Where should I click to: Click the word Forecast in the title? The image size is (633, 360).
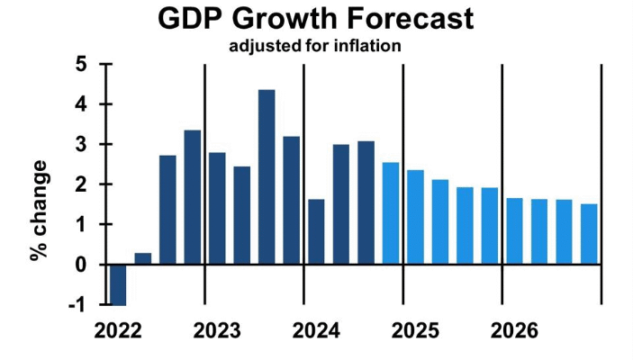(x=411, y=18)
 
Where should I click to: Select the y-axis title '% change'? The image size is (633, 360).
(x=39, y=211)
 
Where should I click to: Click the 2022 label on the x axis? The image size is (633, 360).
(x=117, y=332)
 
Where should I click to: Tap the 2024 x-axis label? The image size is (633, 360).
(x=316, y=332)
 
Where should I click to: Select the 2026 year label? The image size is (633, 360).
(x=513, y=332)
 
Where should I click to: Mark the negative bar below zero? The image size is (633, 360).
(x=118, y=284)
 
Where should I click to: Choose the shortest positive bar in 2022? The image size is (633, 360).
(x=143, y=258)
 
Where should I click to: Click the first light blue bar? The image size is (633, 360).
(x=390, y=213)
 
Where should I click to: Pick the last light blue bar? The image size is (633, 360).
(x=589, y=234)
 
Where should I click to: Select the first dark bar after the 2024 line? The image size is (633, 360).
(x=316, y=231)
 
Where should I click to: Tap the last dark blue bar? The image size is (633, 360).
(x=366, y=202)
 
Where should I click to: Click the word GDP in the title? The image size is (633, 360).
(x=189, y=18)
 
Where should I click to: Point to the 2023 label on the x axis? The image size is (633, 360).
(x=217, y=332)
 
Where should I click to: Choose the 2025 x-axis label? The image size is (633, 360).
(x=415, y=332)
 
